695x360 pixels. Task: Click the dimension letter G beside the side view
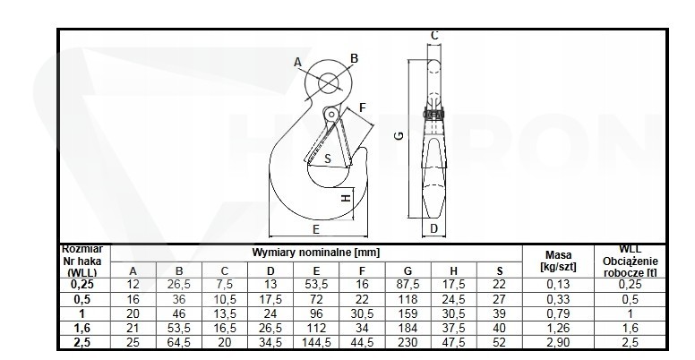pos(399,135)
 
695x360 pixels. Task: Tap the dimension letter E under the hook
pos(316,229)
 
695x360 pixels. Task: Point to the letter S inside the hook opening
pos(328,159)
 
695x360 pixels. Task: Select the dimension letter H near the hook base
pos(347,198)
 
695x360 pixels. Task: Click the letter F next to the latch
pos(363,107)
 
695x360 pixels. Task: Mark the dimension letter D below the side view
pos(434,228)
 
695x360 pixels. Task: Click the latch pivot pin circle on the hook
pos(331,115)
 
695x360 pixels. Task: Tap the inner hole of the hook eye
pos(328,83)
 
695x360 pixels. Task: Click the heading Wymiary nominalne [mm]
pos(316,253)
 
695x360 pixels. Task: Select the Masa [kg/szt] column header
pos(559,261)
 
